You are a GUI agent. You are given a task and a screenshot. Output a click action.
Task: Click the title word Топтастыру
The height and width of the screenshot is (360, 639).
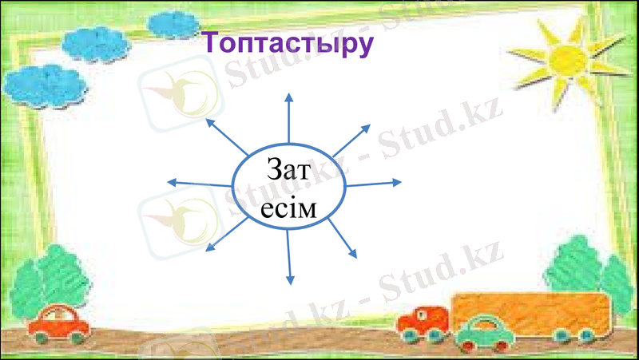coord(285,42)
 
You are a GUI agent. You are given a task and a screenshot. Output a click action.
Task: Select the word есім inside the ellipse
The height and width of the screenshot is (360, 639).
coord(289,209)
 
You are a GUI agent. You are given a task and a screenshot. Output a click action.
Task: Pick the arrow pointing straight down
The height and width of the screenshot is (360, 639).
coord(289,260)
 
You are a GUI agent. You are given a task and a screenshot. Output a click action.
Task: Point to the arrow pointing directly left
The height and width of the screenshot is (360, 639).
coord(200,184)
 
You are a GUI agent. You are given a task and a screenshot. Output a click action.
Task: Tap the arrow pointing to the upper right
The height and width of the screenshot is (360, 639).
coord(351,140)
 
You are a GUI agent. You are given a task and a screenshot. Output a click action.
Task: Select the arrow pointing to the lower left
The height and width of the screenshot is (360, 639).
coord(228,235)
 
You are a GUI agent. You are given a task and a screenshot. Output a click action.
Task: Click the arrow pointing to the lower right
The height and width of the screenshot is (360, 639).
coord(343,239)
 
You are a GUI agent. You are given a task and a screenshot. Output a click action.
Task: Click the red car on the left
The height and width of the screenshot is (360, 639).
coord(59,323)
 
